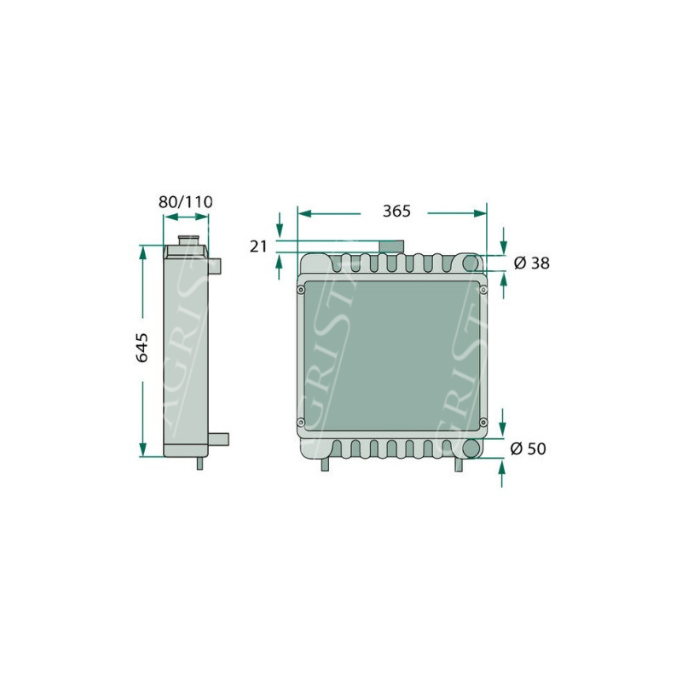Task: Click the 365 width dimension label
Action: (396, 211)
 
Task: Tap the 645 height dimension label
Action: (142, 348)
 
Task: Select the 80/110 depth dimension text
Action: (185, 202)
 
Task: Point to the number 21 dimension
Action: (258, 246)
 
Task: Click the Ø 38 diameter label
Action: (531, 263)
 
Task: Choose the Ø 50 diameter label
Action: (528, 448)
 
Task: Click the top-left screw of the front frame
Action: (301, 290)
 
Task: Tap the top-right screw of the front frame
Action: (483, 289)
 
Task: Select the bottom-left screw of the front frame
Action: (301, 421)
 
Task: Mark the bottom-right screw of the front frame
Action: (483, 421)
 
